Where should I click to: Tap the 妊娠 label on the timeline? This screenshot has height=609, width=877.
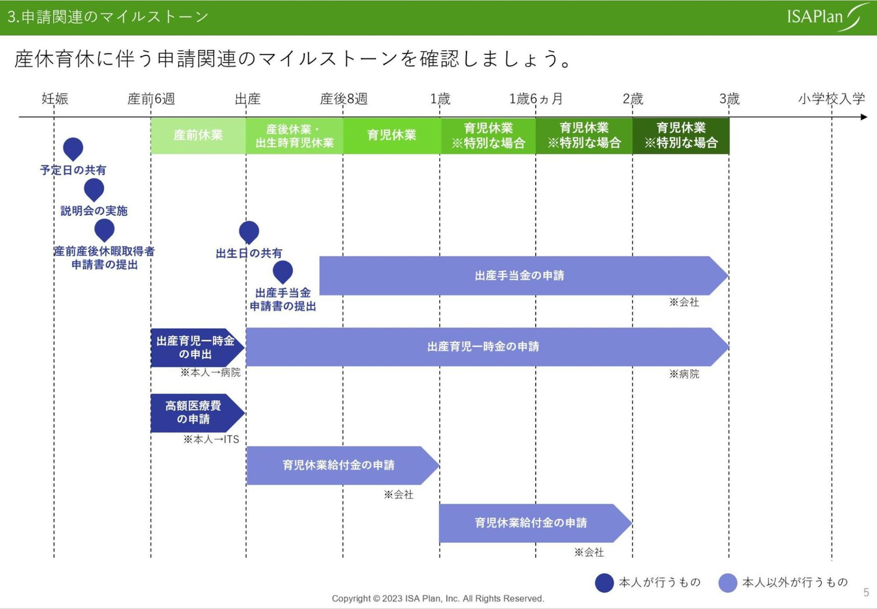55,99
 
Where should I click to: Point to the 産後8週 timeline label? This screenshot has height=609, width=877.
343,99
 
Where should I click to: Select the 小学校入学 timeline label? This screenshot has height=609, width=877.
831,99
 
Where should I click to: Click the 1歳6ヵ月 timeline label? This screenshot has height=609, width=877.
536,99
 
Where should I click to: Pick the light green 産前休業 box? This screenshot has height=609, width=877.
198,135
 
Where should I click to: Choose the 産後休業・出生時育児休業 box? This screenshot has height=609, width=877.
295,135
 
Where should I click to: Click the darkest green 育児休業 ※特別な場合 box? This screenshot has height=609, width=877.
681,135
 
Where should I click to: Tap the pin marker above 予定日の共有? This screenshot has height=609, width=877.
73,148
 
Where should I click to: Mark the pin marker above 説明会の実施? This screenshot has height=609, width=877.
94,189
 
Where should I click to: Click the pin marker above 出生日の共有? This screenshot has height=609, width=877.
248,231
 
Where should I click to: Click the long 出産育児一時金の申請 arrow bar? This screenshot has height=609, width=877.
484,347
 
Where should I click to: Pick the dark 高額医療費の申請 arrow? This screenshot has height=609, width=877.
194,413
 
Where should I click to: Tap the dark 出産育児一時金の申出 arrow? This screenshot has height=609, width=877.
195,347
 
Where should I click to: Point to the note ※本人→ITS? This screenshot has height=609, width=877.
211,439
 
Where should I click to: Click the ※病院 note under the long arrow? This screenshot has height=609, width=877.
684,374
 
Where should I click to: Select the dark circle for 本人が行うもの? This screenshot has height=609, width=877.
604,583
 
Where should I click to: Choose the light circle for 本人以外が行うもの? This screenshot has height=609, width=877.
728,583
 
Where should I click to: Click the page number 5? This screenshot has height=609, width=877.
866,593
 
